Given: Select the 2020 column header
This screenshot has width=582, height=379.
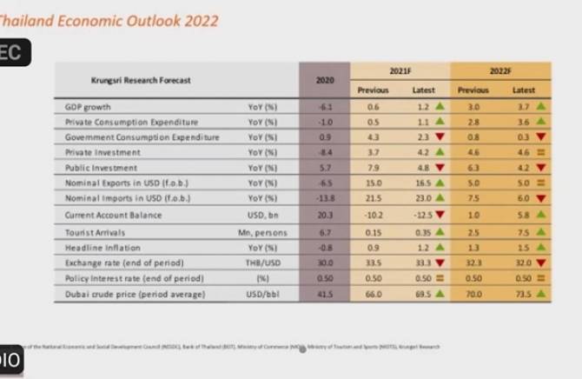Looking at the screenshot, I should point(325,80).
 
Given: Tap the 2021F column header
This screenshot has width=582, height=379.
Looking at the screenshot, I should point(400,71).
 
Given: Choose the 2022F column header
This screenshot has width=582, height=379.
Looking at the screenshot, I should point(500,71).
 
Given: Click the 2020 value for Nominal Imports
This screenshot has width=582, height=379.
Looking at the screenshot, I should point(325,200).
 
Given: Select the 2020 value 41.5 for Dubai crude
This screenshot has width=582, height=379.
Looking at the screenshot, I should point(325,295).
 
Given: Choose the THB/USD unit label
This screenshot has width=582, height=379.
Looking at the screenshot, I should point(261,263).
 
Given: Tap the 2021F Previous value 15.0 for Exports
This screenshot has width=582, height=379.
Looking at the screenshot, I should point(374,184).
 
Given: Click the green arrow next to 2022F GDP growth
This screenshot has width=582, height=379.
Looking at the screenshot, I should point(541,106).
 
